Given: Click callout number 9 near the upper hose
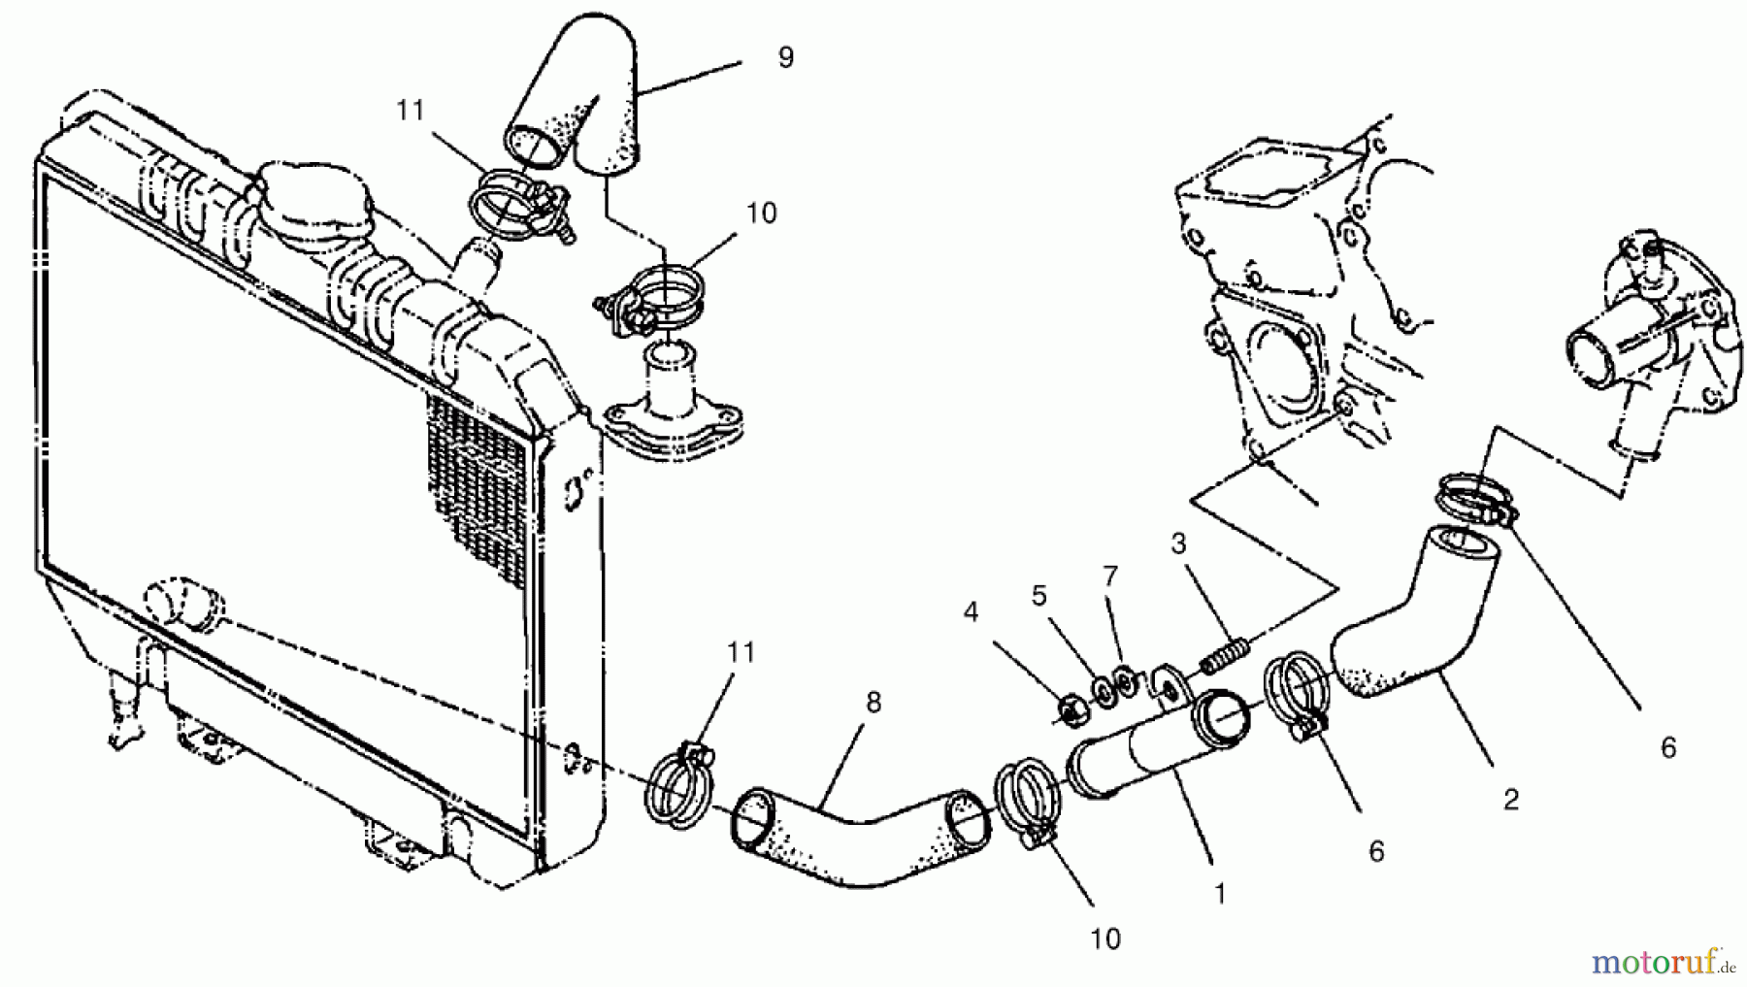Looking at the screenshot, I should pos(785,58).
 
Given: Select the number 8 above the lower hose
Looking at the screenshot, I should pos(873,702).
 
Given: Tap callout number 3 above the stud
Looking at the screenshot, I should pos(1178,543).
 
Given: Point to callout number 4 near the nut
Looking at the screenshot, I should pos(971,611).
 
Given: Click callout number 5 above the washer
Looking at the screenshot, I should pos(1038,595).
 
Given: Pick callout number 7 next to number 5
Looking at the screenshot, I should pos(1110,576).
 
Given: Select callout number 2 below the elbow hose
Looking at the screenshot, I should pos(1510,800).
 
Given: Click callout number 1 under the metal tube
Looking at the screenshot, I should pos(1220,893).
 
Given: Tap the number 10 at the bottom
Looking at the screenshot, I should pos(1105,938).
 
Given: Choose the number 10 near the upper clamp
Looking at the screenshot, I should pos(762,214).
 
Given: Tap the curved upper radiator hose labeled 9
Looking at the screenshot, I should pos(582,107).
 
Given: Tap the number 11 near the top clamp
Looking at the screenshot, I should pos(411,112).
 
